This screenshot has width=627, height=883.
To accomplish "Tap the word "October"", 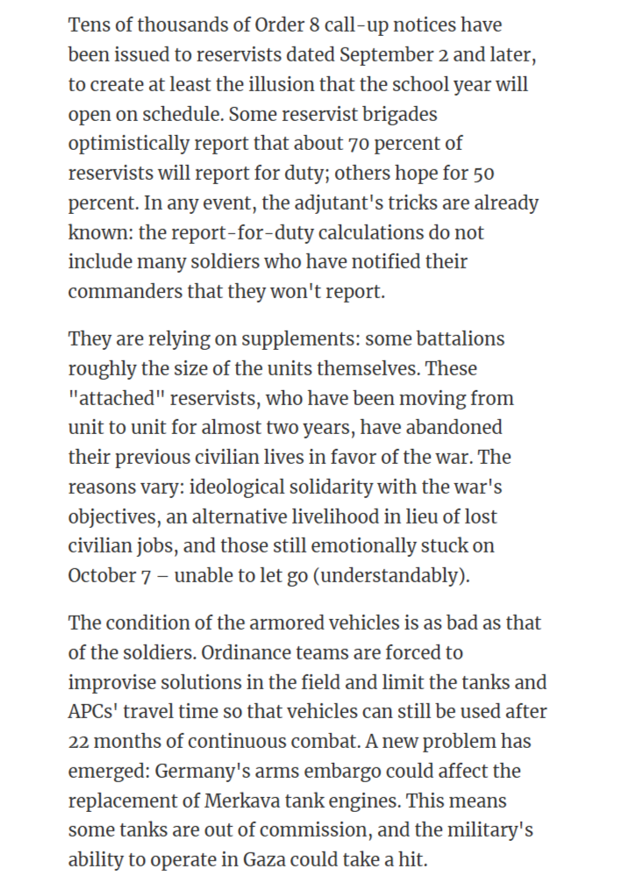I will coord(102,577).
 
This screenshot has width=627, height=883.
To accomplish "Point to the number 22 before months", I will coord(79,742).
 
